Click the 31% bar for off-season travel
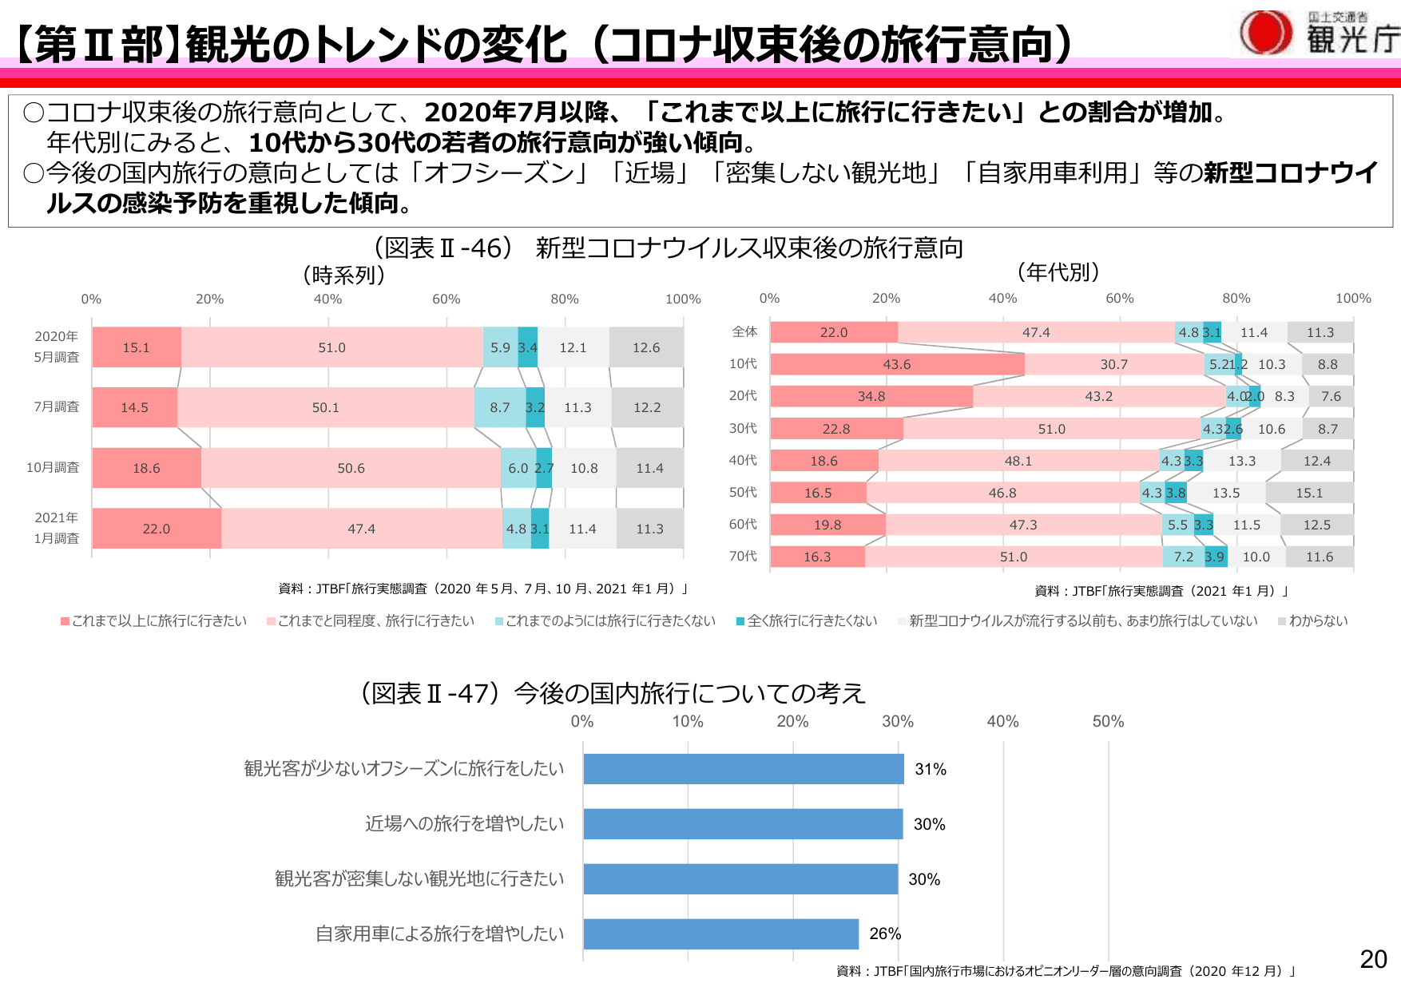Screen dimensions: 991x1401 point(743,769)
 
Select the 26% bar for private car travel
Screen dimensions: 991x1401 point(720,934)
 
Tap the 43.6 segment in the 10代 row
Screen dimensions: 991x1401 point(896,365)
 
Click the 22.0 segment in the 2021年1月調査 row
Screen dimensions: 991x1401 point(157,529)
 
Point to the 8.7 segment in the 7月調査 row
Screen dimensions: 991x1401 point(500,407)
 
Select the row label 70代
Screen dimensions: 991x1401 point(743,557)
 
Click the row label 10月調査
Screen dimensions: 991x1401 point(53,468)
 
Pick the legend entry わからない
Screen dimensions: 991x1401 point(1317,621)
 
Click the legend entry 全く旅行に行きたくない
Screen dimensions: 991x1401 point(811,621)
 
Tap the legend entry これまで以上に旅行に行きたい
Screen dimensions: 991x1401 point(158,621)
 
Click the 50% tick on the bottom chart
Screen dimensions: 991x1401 point(1108,722)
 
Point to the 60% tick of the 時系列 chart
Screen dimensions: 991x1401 point(446,299)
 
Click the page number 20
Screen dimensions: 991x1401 point(1373,959)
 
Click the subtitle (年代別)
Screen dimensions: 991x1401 point(1058,272)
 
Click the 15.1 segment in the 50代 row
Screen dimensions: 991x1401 point(1309,493)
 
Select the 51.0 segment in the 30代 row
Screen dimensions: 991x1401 point(1051,429)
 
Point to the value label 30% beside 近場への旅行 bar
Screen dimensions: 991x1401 point(929,824)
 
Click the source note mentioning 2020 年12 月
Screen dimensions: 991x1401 point(1066,971)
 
